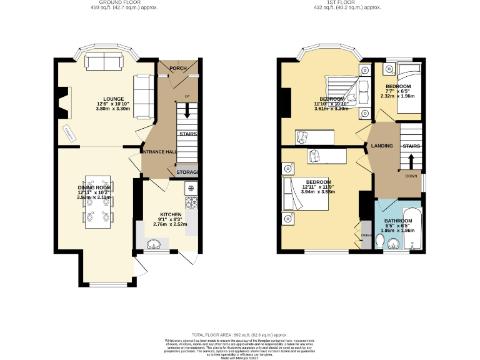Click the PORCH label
(x=178, y=68)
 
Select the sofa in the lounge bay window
(x=104, y=62)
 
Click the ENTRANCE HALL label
(x=161, y=152)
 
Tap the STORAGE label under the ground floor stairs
(x=187, y=172)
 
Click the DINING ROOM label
(x=94, y=187)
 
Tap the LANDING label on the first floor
(x=382, y=146)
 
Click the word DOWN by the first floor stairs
(x=411, y=176)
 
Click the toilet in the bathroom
(x=382, y=241)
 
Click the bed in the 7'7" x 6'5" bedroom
(x=409, y=87)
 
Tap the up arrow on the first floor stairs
(x=410, y=161)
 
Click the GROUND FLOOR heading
(x=124, y=2)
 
